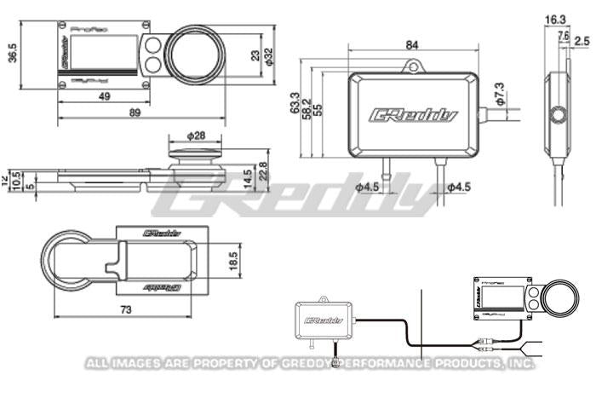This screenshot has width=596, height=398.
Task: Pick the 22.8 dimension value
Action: point(264,170)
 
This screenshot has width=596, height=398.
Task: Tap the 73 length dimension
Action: point(126,311)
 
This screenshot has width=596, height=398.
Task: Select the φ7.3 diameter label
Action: point(499,87)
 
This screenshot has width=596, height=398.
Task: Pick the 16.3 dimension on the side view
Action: point(555,18)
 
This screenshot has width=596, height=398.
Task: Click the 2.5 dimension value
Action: point(582,40)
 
